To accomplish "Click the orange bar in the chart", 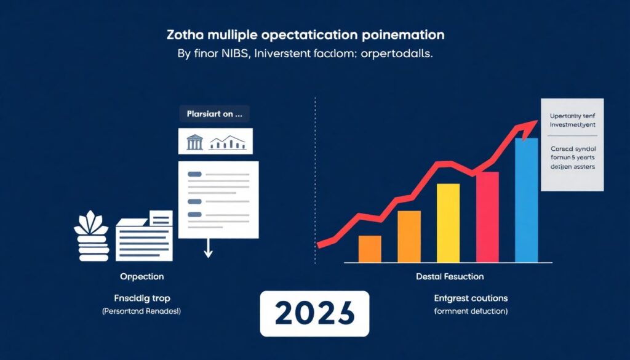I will (x=409, y=236).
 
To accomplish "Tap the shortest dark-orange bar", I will (x=370, y=249).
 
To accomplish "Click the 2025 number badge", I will (x=314, y=313).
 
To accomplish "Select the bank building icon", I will (x=194, y=142).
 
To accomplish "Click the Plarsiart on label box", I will (x=214, y=114).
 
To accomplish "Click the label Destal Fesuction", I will (x=450, y=277).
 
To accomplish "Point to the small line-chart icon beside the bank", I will (x=228, y=143).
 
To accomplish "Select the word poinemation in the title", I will (x=400, y=34).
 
